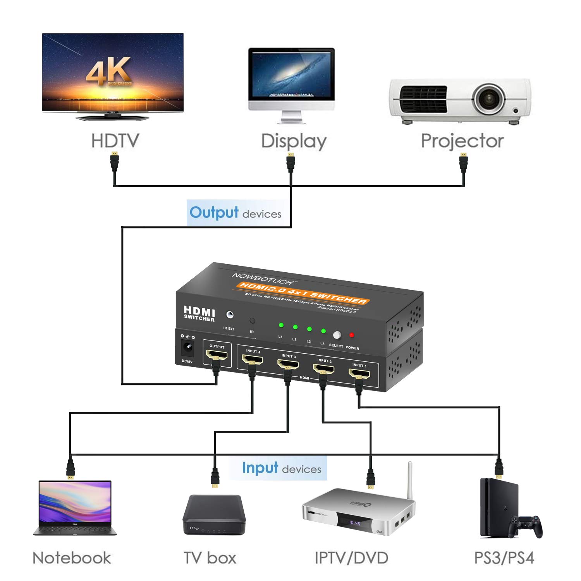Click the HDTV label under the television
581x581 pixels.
[x=115, y=141]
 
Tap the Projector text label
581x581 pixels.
[x=462, y=141]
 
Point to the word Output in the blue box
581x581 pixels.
[x=214, y=213]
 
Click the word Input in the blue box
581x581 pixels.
[x=254, y=468]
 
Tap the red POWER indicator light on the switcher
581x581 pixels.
[x=352, y=335]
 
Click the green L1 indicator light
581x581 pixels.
[x=281, y=325]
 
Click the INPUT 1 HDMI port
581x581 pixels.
[x=359, y=375]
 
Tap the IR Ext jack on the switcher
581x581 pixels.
[x=230, y=315]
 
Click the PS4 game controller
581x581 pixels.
[x=526, y=526]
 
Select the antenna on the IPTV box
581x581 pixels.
[x=410, y=480]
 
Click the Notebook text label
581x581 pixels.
[x=72, y=558]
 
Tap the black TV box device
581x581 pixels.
[x=214, y=515]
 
